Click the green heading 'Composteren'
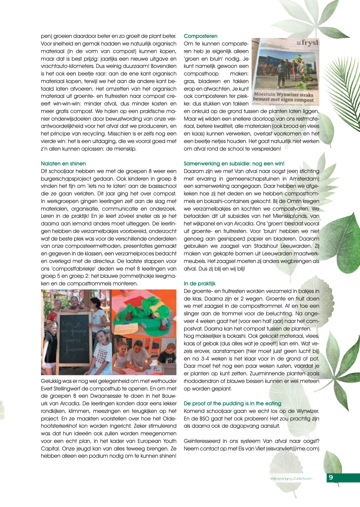click(200, 36)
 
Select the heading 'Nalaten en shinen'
click(63, 163)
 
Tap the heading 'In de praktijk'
click(199, 283)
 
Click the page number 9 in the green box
click(331, 477)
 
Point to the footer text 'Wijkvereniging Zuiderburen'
click(291, 478)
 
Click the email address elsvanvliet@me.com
click(292, 448)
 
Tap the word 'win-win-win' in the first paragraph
click(93, 103)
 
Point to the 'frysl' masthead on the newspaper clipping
click(310, 43)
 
